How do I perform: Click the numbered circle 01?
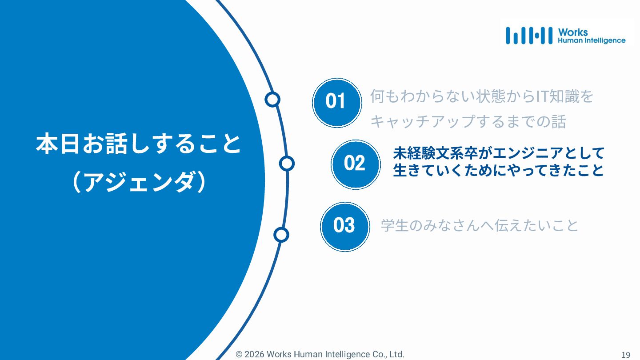[336, 102]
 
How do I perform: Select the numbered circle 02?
[355, 164]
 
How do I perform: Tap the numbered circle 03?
[344, 226]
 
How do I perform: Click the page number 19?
[625, 355]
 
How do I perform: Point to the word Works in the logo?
[573, 32]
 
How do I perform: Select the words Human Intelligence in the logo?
[592, 40]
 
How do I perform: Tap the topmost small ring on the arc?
[272, 100]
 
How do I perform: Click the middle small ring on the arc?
[287, 164]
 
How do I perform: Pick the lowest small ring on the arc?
[281, 234]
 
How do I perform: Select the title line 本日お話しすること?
[139, 144]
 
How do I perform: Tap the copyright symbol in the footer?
[239, 355]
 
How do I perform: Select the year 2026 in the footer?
[254, 355]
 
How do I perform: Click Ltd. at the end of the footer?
[397, 355]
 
